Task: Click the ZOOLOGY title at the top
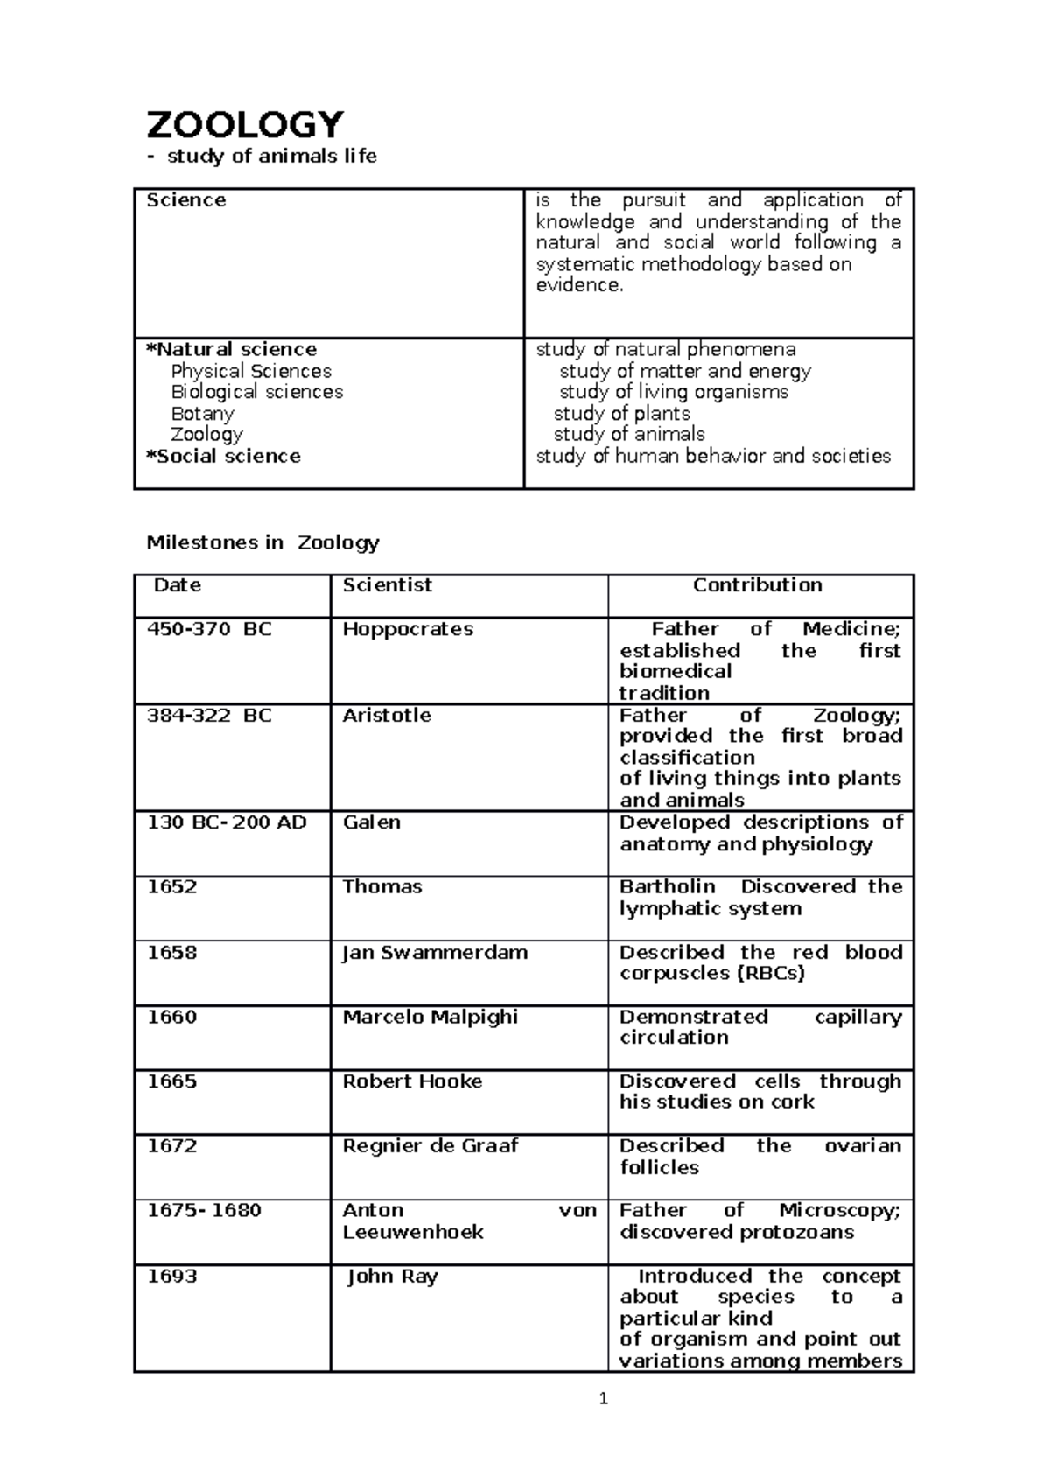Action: [245, 125]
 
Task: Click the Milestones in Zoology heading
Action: [262, 542]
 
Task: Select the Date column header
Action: [178, 585]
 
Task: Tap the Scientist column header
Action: [387, 585]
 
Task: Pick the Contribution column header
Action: [757, 585]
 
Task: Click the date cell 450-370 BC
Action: [209, 629]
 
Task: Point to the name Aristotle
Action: [387, 715]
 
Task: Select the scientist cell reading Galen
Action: [371, 822]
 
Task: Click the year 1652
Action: [171, 886]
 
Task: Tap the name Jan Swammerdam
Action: [435, 952]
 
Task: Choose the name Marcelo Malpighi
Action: [430, 1017]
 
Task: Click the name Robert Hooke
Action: [412, 1081]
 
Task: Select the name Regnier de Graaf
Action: [430, 1146]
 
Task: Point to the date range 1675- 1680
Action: [204, 1210]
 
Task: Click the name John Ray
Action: [392, 1277]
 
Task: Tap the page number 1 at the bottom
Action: [603, 1399]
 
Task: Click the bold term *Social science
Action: [223, 456]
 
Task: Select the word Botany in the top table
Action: [202, 414]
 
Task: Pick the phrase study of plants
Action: [621, 414]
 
